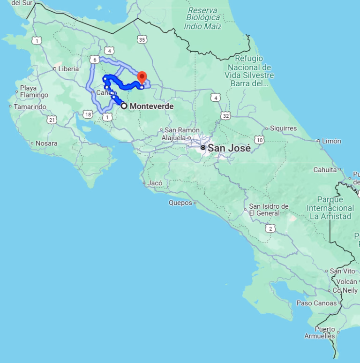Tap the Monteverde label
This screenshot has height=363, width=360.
click(151, 106)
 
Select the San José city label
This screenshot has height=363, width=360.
click(229, 148)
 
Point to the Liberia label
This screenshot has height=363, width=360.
click(68, 68)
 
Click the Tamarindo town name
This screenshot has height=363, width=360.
click(30, 107)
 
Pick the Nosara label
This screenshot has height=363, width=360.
click(46, 143)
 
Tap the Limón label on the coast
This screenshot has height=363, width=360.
click(331, 141)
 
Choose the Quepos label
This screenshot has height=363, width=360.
click(180, 203)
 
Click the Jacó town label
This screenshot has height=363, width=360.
click(155, 183)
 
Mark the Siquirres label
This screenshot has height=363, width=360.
click(283, 128)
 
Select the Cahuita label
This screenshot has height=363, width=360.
click(325, 170)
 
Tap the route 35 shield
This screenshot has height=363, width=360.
click(142, 40)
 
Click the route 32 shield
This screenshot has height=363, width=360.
click(226, 116)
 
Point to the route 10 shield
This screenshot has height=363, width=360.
click(259, 140)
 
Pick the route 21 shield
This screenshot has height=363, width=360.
click(52, 120)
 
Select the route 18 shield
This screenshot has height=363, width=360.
click(88, 114)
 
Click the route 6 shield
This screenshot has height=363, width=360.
click(95, 60)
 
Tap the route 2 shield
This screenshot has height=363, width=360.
click(270, 228)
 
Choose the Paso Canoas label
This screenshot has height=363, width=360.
click(316, 303)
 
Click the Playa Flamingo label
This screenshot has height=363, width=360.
click(34, 91)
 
